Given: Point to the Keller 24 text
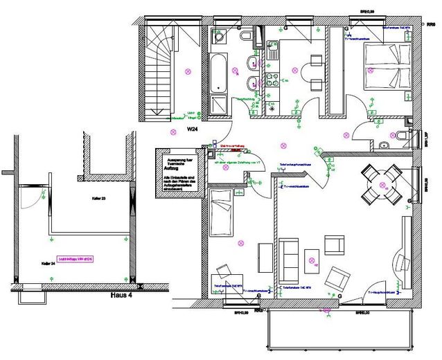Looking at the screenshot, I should point(48,263).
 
